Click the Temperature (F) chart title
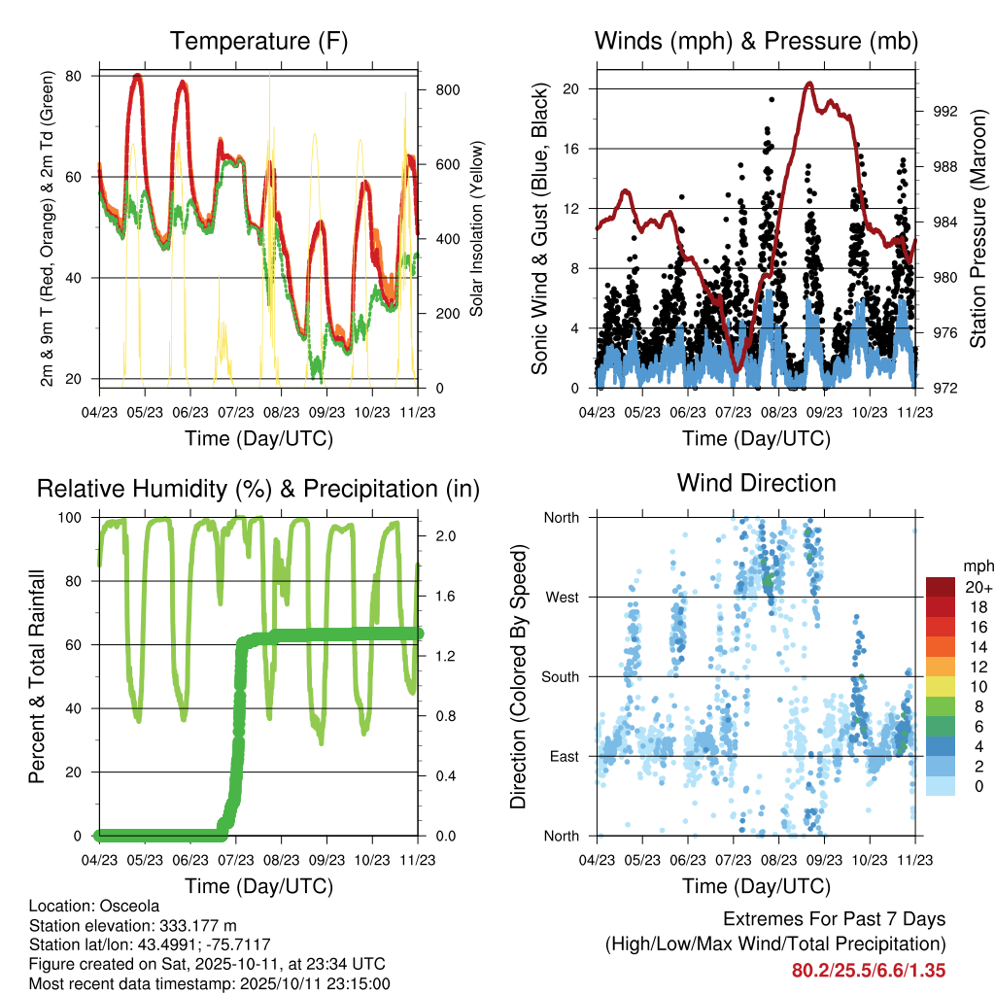258,42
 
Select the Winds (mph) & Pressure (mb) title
757,42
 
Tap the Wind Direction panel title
757,483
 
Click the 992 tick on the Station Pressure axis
937,111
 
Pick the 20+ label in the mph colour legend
978,587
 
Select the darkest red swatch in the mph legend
943,587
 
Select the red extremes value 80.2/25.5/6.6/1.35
869,970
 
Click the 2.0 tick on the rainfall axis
437,535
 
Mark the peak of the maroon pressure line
808,84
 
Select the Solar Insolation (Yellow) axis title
477,229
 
